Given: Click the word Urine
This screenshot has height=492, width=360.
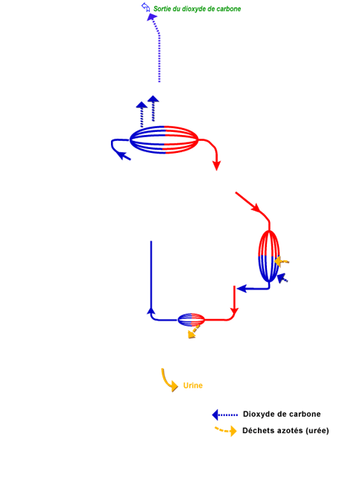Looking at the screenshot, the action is coord(193,385).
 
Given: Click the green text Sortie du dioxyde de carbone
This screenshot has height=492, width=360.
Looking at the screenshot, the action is coord(197,9).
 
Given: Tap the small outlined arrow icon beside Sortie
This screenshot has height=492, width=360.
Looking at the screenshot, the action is coord(145,7).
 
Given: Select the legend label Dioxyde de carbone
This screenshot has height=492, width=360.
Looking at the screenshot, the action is coord(282,414).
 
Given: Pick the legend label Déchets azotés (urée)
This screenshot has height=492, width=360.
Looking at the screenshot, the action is coord(285,431).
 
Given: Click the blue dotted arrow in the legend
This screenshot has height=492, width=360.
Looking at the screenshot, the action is coord(225,414).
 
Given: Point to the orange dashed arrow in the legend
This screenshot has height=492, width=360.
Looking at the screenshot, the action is coord(226,430).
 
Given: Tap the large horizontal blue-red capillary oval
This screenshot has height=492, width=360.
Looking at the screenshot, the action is coord(164,139).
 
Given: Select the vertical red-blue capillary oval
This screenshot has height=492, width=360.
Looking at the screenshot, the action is coord(268,256).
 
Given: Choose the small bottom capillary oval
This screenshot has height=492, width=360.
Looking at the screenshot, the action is coord(191,320).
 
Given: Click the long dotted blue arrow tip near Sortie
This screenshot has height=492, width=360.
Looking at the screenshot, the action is coord(151,17).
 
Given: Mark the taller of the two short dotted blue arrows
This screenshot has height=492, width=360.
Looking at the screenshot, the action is coord(153,109).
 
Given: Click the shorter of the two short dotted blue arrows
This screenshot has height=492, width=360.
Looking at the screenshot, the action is coord(142,115).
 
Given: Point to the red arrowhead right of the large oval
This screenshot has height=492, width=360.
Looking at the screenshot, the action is coord(217,165).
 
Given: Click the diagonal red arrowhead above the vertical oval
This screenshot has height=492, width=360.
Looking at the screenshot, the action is coord(256,208).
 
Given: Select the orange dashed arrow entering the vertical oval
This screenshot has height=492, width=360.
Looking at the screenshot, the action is coord(281,261).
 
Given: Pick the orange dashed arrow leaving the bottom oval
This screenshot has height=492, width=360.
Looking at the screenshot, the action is coord(194,332).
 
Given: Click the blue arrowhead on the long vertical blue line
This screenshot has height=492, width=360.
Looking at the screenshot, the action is coord(151,310).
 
